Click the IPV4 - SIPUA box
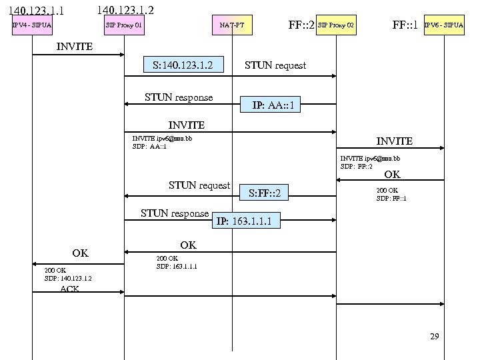coord(32,26)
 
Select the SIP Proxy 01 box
coord(125,26)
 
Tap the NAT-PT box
coord(232,26)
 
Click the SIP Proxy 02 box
coord(336,26)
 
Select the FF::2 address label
coord(301,26)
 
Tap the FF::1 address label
coord(405,26)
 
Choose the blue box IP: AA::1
coord(273,105)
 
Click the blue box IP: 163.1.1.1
coord(244,221)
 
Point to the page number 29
coord(435,337)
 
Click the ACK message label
coord(69,289)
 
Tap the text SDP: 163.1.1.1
coord(177,266)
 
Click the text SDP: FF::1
coord(391,198)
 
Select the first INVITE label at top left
coord(75,47)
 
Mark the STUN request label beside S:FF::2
coord(199,185)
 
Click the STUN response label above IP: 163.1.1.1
coord(175,213)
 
